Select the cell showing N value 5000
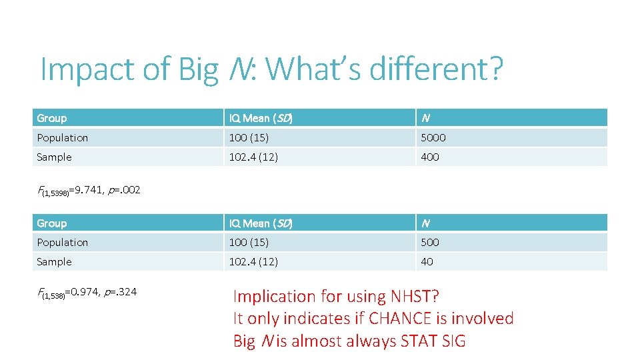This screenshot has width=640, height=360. [x=433, y=138]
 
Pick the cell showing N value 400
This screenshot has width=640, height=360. [x=430, y=157]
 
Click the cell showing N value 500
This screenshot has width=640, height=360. [x=430, y=243]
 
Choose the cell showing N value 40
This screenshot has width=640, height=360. [x=427, y=262]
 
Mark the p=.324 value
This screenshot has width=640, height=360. [x=120, y=291]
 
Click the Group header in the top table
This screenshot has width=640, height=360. [x=52, y=119]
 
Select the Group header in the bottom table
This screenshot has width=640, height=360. [x=52, y=223]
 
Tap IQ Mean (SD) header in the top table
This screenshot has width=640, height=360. [x=261, y=119]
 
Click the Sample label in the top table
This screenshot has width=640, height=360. [x=55, y=157]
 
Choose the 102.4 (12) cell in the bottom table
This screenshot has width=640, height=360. [x=253, y=262]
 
